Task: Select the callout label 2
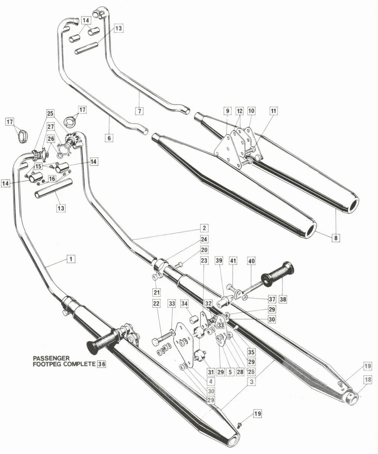[204, 228]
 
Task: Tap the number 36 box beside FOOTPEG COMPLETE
[102, 364]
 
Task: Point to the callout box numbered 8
[336, 237]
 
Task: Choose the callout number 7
[139, 111]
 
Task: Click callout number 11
[274, 111]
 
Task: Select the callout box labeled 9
[227, 111]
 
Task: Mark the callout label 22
[156, 303]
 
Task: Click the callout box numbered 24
[204, 239]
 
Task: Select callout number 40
[251, 261]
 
